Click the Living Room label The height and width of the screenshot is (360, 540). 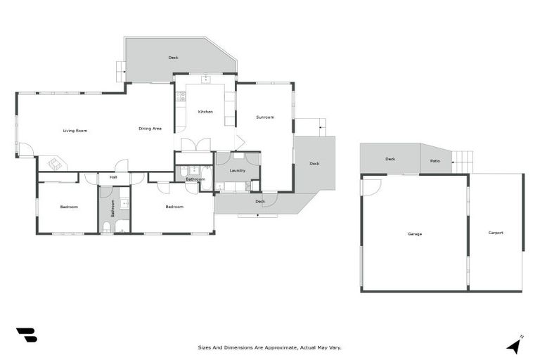pyautogui.click(x=75, y=131)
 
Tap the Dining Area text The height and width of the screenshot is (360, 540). pyautogui.click(x=150, y=129)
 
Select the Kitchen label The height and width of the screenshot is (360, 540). pyautogui.click(x=205, y=112)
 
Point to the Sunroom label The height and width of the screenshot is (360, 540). pyautogui.click(x=265, y=117)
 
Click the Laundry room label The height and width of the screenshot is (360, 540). pyautogui.click(x=237, y=170)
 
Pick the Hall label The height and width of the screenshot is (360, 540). pyautogui.click(x=112, y=177)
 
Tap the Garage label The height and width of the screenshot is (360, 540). pyautogui.click(x=415, y=233)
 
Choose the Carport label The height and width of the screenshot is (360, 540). pyautogui.click(x=496, y=233)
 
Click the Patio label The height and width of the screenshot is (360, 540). pyautogui.click(x=435, y=162)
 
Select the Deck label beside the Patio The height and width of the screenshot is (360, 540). pyautogui.click(x=390, y=159)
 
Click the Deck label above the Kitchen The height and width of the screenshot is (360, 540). pyautogui.click(x=173, y=58)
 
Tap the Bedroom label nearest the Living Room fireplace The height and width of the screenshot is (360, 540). pyautogui.click(x=69, y=207)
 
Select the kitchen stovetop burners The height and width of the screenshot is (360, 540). pyautogui.click(x=181, y=96)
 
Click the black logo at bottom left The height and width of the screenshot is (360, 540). pyautogui.click(x=26, y=335)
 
